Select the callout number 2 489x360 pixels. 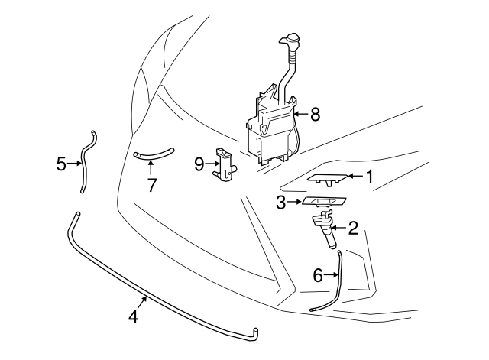352,228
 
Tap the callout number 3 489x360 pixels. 281,203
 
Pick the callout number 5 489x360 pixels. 61,163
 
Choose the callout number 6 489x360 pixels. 318,276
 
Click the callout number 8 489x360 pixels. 315,115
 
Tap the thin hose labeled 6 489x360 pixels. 333,287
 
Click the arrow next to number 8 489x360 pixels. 299,115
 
